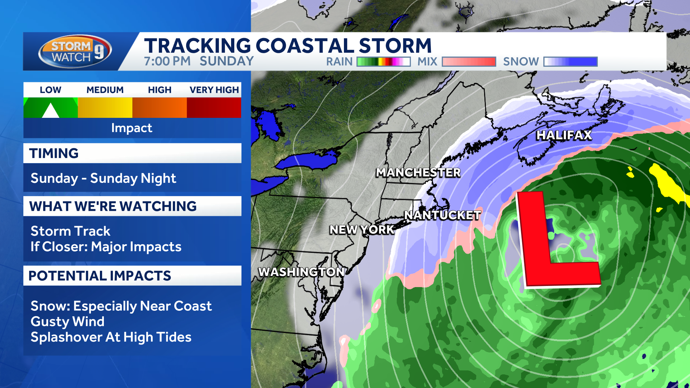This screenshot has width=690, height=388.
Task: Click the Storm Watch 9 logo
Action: [x=75, y=51]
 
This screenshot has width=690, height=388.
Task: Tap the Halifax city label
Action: [x=563, y=135]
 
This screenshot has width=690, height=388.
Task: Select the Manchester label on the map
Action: [x=418, y=173]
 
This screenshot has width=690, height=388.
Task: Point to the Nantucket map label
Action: [x=442, y=215]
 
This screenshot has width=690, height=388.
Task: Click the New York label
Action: [x=362, y=230]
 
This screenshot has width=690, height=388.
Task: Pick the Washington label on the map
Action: [x=301, y=272]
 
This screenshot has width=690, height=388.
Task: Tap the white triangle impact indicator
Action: [x=51, y=111]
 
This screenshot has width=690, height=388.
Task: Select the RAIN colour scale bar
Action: [x=383, y=62]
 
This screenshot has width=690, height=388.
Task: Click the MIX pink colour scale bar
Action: [x=469, y=62]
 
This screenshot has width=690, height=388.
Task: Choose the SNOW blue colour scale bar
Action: [x=570, y=62]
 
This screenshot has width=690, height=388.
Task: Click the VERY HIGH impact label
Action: [x=214, y=90]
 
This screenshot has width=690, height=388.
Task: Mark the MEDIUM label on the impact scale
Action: [x=105, y=90]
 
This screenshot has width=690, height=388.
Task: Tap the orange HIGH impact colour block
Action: [x=160, y=108]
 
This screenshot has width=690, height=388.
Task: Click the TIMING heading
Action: [x=54, y=153]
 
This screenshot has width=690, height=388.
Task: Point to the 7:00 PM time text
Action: [x=167, y=61]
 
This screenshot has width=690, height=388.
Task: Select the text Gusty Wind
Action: [x=68, y=322]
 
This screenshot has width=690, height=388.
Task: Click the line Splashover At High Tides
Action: [x=111, y=337]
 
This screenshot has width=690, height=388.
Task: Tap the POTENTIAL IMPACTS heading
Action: [x=100, y=276]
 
